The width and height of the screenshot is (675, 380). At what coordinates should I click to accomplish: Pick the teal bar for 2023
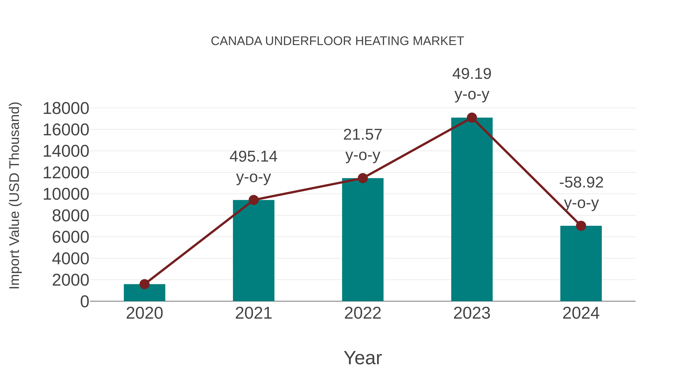pos(472,210)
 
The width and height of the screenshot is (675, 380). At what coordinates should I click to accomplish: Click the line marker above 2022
pos(363,178)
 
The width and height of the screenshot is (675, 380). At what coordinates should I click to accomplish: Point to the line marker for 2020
pos(144,284)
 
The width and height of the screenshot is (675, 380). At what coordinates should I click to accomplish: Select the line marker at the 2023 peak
pos(472,118)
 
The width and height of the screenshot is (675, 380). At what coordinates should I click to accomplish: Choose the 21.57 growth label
pos(363,135)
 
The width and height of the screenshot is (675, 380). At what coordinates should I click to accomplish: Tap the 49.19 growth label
pos(472,74)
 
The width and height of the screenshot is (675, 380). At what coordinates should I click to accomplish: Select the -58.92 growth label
pos(581,183)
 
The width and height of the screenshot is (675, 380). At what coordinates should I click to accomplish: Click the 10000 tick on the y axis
pos(66,194)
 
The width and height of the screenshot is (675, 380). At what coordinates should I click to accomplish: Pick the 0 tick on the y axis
pos(84,302)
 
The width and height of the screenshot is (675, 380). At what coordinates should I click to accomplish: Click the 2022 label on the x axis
pos(363,313)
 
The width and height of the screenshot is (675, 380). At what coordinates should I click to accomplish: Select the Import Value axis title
pos(14,195)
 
